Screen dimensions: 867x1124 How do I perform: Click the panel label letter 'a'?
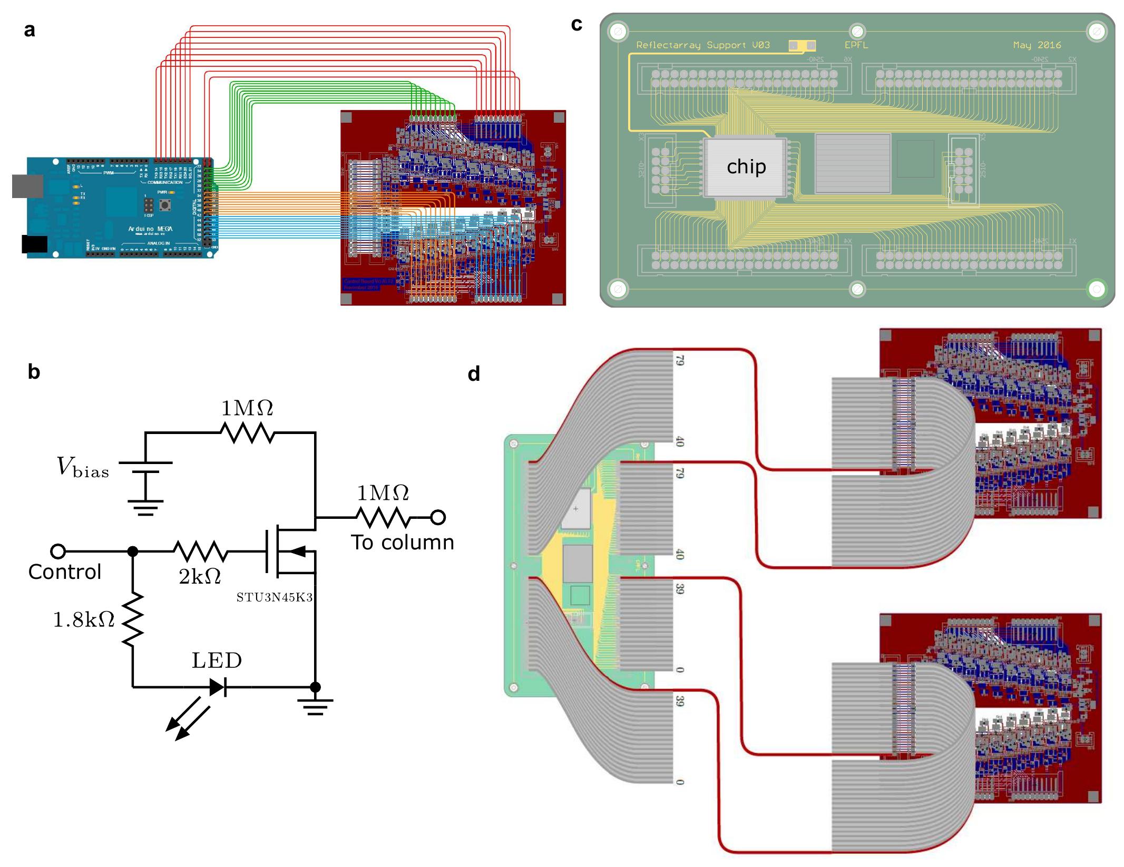point(30,31)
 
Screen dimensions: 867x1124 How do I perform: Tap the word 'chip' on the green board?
point(746,166)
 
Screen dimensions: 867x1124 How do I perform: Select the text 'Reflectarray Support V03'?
point(702,45)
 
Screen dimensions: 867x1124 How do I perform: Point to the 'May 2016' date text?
point(1037,45)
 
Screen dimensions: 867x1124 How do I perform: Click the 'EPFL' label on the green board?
point(856,45)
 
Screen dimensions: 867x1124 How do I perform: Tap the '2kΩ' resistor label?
point(200,577)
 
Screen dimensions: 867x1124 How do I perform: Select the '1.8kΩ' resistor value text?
point(84,620)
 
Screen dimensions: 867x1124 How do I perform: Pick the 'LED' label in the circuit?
point(217,661)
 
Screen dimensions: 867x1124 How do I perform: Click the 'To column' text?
point(402,543)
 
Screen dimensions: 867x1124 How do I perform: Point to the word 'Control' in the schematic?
point(64,572)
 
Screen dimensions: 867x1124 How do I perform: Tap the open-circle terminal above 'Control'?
point(58,551)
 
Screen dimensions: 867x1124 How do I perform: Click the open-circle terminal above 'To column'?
point(437,518)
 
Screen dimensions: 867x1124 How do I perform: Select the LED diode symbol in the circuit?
point(218,687)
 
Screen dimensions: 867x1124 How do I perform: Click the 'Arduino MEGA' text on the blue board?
point(150,228)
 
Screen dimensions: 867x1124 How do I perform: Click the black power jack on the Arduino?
point(34,244)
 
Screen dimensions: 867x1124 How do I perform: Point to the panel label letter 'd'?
point(474,374)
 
